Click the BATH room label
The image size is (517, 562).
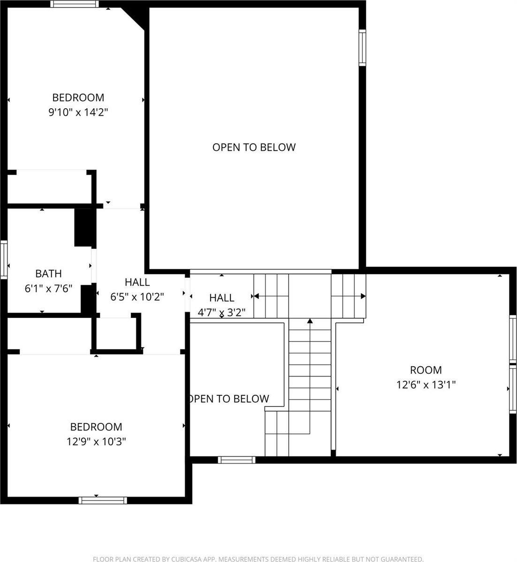(48, 274)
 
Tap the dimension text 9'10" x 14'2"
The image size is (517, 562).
(78, 112)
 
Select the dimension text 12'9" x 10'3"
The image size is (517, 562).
(96, 441)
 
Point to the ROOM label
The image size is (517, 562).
(426, 370)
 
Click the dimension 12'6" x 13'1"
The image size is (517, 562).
(426, 385)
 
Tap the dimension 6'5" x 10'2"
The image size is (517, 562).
(137, 297)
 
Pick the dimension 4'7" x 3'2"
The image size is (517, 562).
(221, 312)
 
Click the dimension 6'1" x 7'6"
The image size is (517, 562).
(48, 288)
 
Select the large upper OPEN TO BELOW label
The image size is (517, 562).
(254, 147)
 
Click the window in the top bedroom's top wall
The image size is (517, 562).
(75, 4)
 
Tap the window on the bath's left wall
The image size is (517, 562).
(4, 260)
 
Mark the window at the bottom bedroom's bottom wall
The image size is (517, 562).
(103, 500)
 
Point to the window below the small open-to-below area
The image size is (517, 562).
(237, 460)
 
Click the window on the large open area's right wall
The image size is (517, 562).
(362, 47)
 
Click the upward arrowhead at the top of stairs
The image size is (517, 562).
(310, 321)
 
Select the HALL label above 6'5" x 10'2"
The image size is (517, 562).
(137, 282)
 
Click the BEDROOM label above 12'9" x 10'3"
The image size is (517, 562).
(96, 427)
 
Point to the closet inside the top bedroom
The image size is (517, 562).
(49, 187)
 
